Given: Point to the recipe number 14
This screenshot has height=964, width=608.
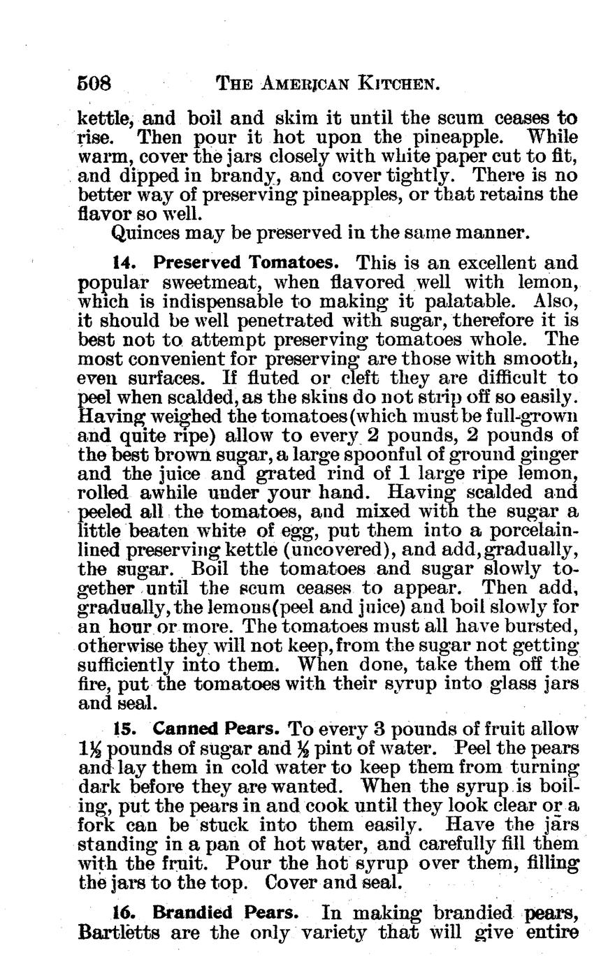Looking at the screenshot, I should [122, 263].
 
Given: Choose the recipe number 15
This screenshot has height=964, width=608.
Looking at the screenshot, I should [123, 729].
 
